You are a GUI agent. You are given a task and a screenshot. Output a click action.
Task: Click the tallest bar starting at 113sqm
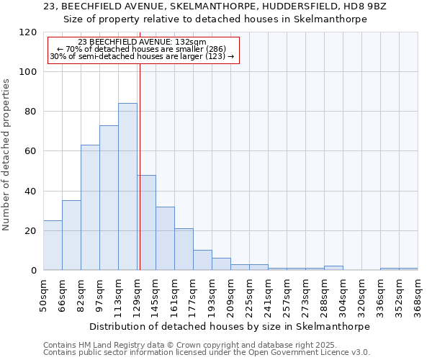point(127,186)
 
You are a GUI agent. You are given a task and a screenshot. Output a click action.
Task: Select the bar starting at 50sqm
point(53,245)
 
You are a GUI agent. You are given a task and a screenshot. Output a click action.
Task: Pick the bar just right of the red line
point(147,222)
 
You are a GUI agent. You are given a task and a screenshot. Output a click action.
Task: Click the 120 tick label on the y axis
point(29,32)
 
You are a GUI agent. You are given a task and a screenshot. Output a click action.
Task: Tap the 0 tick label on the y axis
point(35,270)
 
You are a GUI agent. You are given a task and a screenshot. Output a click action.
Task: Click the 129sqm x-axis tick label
point(137,293)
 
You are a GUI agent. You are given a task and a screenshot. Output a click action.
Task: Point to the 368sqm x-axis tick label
point(418,293)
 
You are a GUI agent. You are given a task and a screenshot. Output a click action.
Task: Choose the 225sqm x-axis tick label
point(249,293)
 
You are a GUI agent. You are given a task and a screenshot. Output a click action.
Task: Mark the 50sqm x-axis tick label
point(43,293)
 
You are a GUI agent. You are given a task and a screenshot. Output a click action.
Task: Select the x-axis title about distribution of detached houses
point(230,326)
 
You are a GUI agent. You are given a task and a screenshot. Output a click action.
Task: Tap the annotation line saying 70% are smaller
point(142,49)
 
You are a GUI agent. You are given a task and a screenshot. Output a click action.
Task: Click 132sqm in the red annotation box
point(193,42)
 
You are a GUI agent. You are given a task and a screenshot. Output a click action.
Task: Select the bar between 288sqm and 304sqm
point(333,268)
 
